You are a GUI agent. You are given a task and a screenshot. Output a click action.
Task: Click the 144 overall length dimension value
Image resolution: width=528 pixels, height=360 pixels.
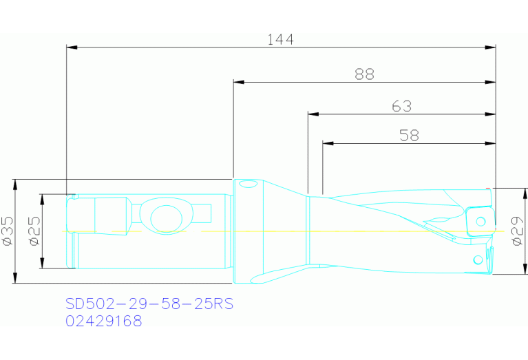[x=280, y=39]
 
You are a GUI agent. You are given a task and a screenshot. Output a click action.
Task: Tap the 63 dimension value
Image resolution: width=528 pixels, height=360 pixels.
[x=401, y=106]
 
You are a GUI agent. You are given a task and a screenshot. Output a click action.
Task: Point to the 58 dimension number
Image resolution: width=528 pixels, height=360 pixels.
[x=409, y=136]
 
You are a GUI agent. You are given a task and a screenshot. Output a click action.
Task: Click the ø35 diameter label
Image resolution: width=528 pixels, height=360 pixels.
[x=8, y=231]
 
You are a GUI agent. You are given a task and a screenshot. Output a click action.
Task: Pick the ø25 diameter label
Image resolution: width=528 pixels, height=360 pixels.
[x=34, y=231]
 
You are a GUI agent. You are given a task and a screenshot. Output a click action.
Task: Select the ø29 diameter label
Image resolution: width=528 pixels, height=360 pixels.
[x=518, y=231]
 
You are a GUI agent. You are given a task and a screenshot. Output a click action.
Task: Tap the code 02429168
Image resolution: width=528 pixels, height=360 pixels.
[x=103, y=321]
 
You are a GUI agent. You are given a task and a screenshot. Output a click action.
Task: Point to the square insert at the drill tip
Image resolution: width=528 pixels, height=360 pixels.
[x=480, y=222]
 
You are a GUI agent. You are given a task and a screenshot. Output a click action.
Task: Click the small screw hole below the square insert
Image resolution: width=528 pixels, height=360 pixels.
[x=478, y=260]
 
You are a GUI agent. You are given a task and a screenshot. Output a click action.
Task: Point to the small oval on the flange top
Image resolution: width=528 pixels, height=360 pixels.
[x=245, y=184]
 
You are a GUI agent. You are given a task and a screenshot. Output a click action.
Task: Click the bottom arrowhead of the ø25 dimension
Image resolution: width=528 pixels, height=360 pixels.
[x=42, y=264]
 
